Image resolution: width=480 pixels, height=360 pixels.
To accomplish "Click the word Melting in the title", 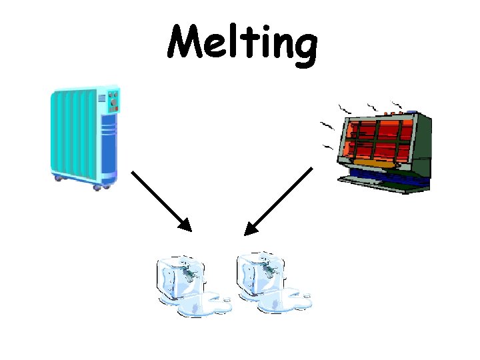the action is click(x=241, y=44).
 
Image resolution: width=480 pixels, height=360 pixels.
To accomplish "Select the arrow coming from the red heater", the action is click(x=278, y=201).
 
